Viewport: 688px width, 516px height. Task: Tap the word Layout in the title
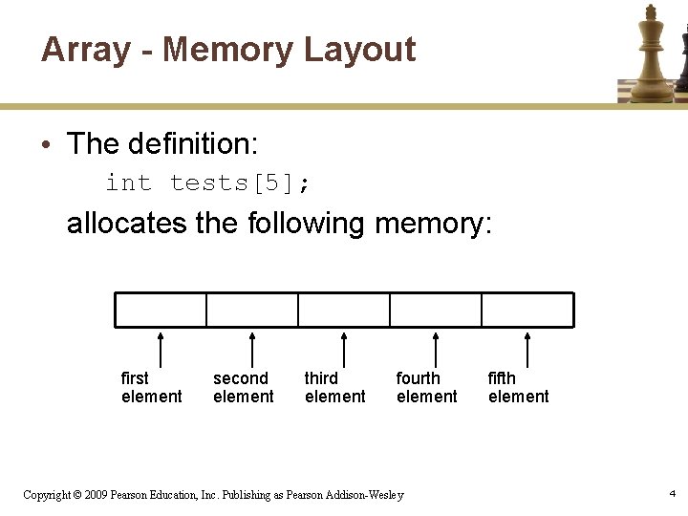click(x=359, y=50)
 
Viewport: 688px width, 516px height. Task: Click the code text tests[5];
click(x=240, y=183)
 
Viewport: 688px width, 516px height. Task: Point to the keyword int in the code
click(x=128, y=183)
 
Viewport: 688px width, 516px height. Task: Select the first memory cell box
click(x=161, y=310)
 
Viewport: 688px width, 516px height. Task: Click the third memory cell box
click(x=344, y=310)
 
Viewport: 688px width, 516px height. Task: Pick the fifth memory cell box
click(x=527, y=310)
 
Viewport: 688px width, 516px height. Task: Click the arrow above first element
click(x=161, y=349)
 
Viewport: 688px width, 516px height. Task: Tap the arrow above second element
click(x=252, y=349)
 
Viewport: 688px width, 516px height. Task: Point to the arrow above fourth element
click(x=436, y=349)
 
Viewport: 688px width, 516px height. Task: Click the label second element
click(x=243, y=387)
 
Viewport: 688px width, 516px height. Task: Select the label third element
click(x=334, y=387)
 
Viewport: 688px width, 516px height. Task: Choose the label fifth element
click(x=518, y=387)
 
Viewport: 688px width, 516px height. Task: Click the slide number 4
click(x=673, y=493)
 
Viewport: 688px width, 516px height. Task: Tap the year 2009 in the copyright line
click(x=96, y=495)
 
